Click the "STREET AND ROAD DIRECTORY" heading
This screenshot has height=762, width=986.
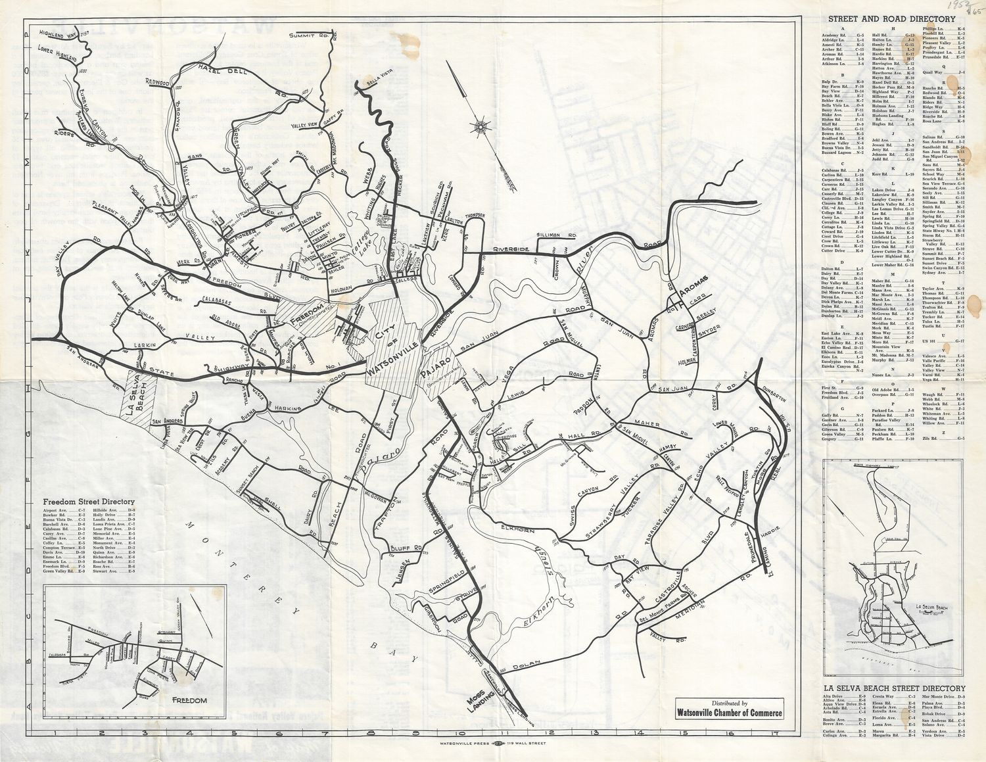[x=891, y=20]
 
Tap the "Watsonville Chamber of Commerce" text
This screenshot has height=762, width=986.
[x=730, y=713]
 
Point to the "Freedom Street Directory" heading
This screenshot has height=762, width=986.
[x=89, y=502]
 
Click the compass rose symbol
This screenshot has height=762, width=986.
[x=481, y=125]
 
